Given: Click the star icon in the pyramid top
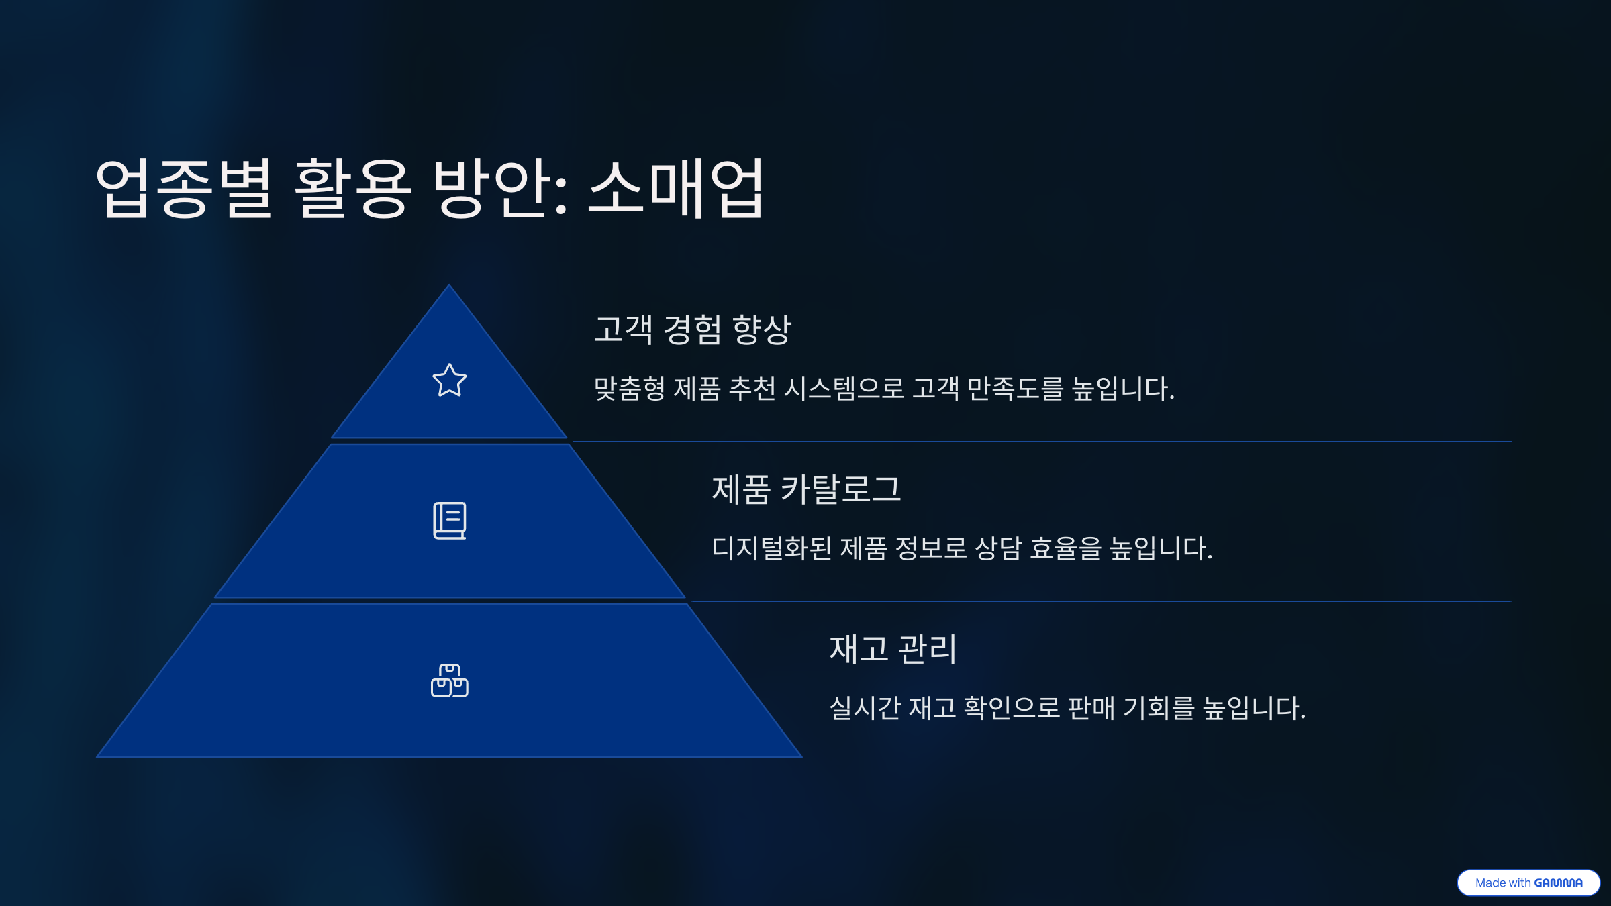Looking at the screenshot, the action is tap(449, 381).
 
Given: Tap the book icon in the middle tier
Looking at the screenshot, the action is tap(449, 521).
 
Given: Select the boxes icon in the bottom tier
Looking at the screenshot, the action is tap(449, 681).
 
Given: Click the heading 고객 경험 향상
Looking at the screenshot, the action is tap(693, 330).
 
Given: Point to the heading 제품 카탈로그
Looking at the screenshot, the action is tap(805, 489).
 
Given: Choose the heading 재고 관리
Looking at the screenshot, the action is tap(893, 649).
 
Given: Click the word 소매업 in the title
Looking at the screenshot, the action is tap(676, 189).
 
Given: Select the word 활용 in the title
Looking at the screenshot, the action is tap(352, 189).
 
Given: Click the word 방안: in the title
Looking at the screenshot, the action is tap(501, 189).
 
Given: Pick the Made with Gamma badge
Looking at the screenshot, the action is tap(1528, 883).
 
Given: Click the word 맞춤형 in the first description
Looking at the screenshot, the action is tap(630, 389).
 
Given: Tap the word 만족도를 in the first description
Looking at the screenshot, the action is tap(1015, 389).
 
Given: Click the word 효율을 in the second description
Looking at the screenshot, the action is tap(1066, 548).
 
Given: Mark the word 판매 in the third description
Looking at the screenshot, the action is tap(1091, 708).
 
